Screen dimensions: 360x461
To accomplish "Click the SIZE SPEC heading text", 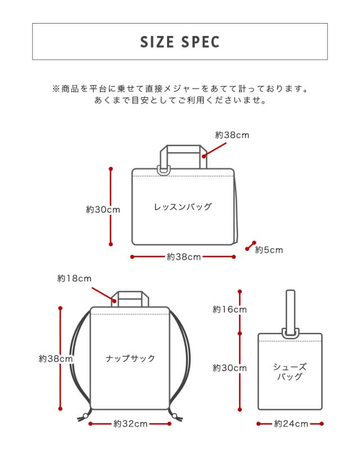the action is (x=179, y=42).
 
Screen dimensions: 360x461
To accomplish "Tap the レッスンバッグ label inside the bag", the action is (x=183, y=207).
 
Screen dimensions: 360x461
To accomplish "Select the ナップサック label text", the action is (x=130, y=358).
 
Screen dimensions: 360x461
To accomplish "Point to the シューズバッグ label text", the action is (x=290, y=372).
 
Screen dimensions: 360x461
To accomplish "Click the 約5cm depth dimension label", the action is (x=269, y=250).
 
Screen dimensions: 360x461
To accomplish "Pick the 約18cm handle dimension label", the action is (x=74, y=278).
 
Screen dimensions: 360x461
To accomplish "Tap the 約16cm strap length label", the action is (x=229, y=309).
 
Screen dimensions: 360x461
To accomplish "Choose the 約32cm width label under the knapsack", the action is (x=130, y=424).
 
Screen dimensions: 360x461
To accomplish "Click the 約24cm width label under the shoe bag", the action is (x=291, y=424).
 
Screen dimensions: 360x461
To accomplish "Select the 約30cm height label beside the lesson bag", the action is (x=103, y=210).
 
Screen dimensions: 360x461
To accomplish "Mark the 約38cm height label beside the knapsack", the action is (x=56, y=359).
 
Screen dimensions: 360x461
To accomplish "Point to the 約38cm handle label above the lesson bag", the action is (x=232, y=135).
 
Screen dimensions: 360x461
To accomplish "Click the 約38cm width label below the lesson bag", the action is (x=183, y=257).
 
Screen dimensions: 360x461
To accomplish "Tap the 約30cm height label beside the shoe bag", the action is (x=229, y=368).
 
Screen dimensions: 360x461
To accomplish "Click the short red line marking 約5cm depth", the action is (x=251, y=246).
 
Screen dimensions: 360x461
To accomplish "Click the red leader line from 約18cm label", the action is (x=103, y=294).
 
